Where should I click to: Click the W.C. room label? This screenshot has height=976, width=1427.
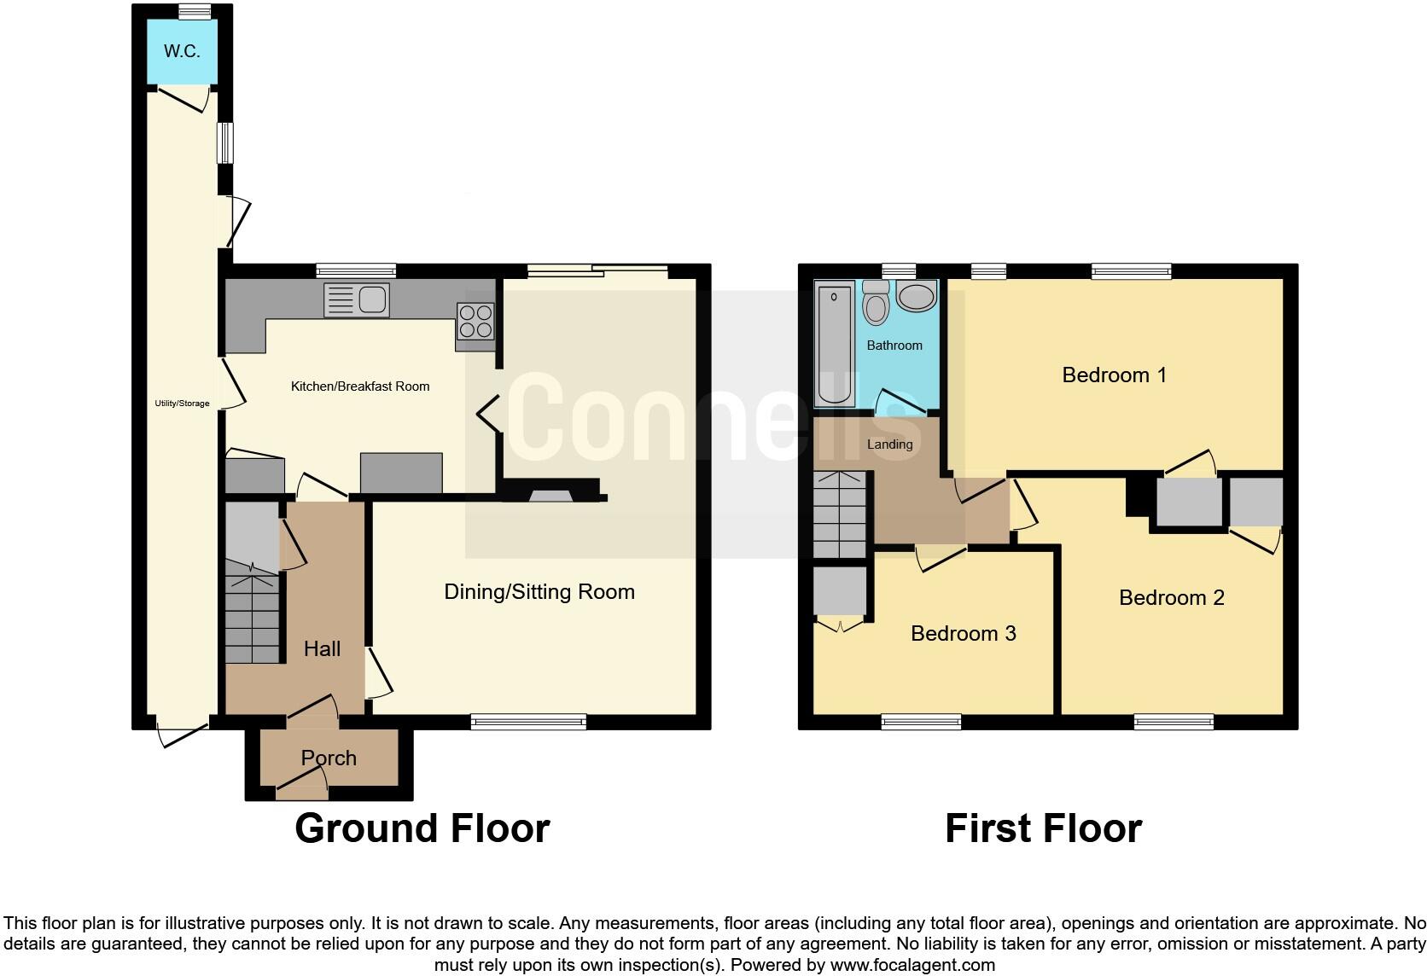click(182, 51)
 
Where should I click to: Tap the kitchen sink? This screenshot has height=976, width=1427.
click(357, 300)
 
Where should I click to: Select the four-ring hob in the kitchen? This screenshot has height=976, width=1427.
click(475, 322)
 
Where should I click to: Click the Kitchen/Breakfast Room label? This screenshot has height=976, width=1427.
click(360, 386)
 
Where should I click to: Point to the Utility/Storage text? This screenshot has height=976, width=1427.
click(182, 404)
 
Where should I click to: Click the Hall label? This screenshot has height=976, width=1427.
click(322, 649)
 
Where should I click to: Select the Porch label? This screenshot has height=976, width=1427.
click(329, 758)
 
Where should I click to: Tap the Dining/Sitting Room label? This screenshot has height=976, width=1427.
click(539, 592)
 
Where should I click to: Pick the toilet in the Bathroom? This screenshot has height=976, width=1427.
click(876, 302)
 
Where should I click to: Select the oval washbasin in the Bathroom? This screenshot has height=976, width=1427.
click(917, 298)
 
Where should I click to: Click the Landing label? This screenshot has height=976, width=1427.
click(889, 444)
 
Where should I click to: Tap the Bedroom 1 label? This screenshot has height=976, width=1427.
click(1114, 375)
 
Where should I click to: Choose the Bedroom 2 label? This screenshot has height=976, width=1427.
click(1171, 598)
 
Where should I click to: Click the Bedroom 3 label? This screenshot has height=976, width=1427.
click(963, 634)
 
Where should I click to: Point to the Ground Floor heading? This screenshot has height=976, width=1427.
click(422, 828)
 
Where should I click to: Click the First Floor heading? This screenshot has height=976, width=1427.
click(1043, 828)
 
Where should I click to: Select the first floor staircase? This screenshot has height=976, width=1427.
click(840, 515)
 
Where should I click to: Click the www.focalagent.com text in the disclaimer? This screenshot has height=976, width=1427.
click(912, 966)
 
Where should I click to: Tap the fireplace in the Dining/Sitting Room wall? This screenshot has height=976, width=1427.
click(551, 495)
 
